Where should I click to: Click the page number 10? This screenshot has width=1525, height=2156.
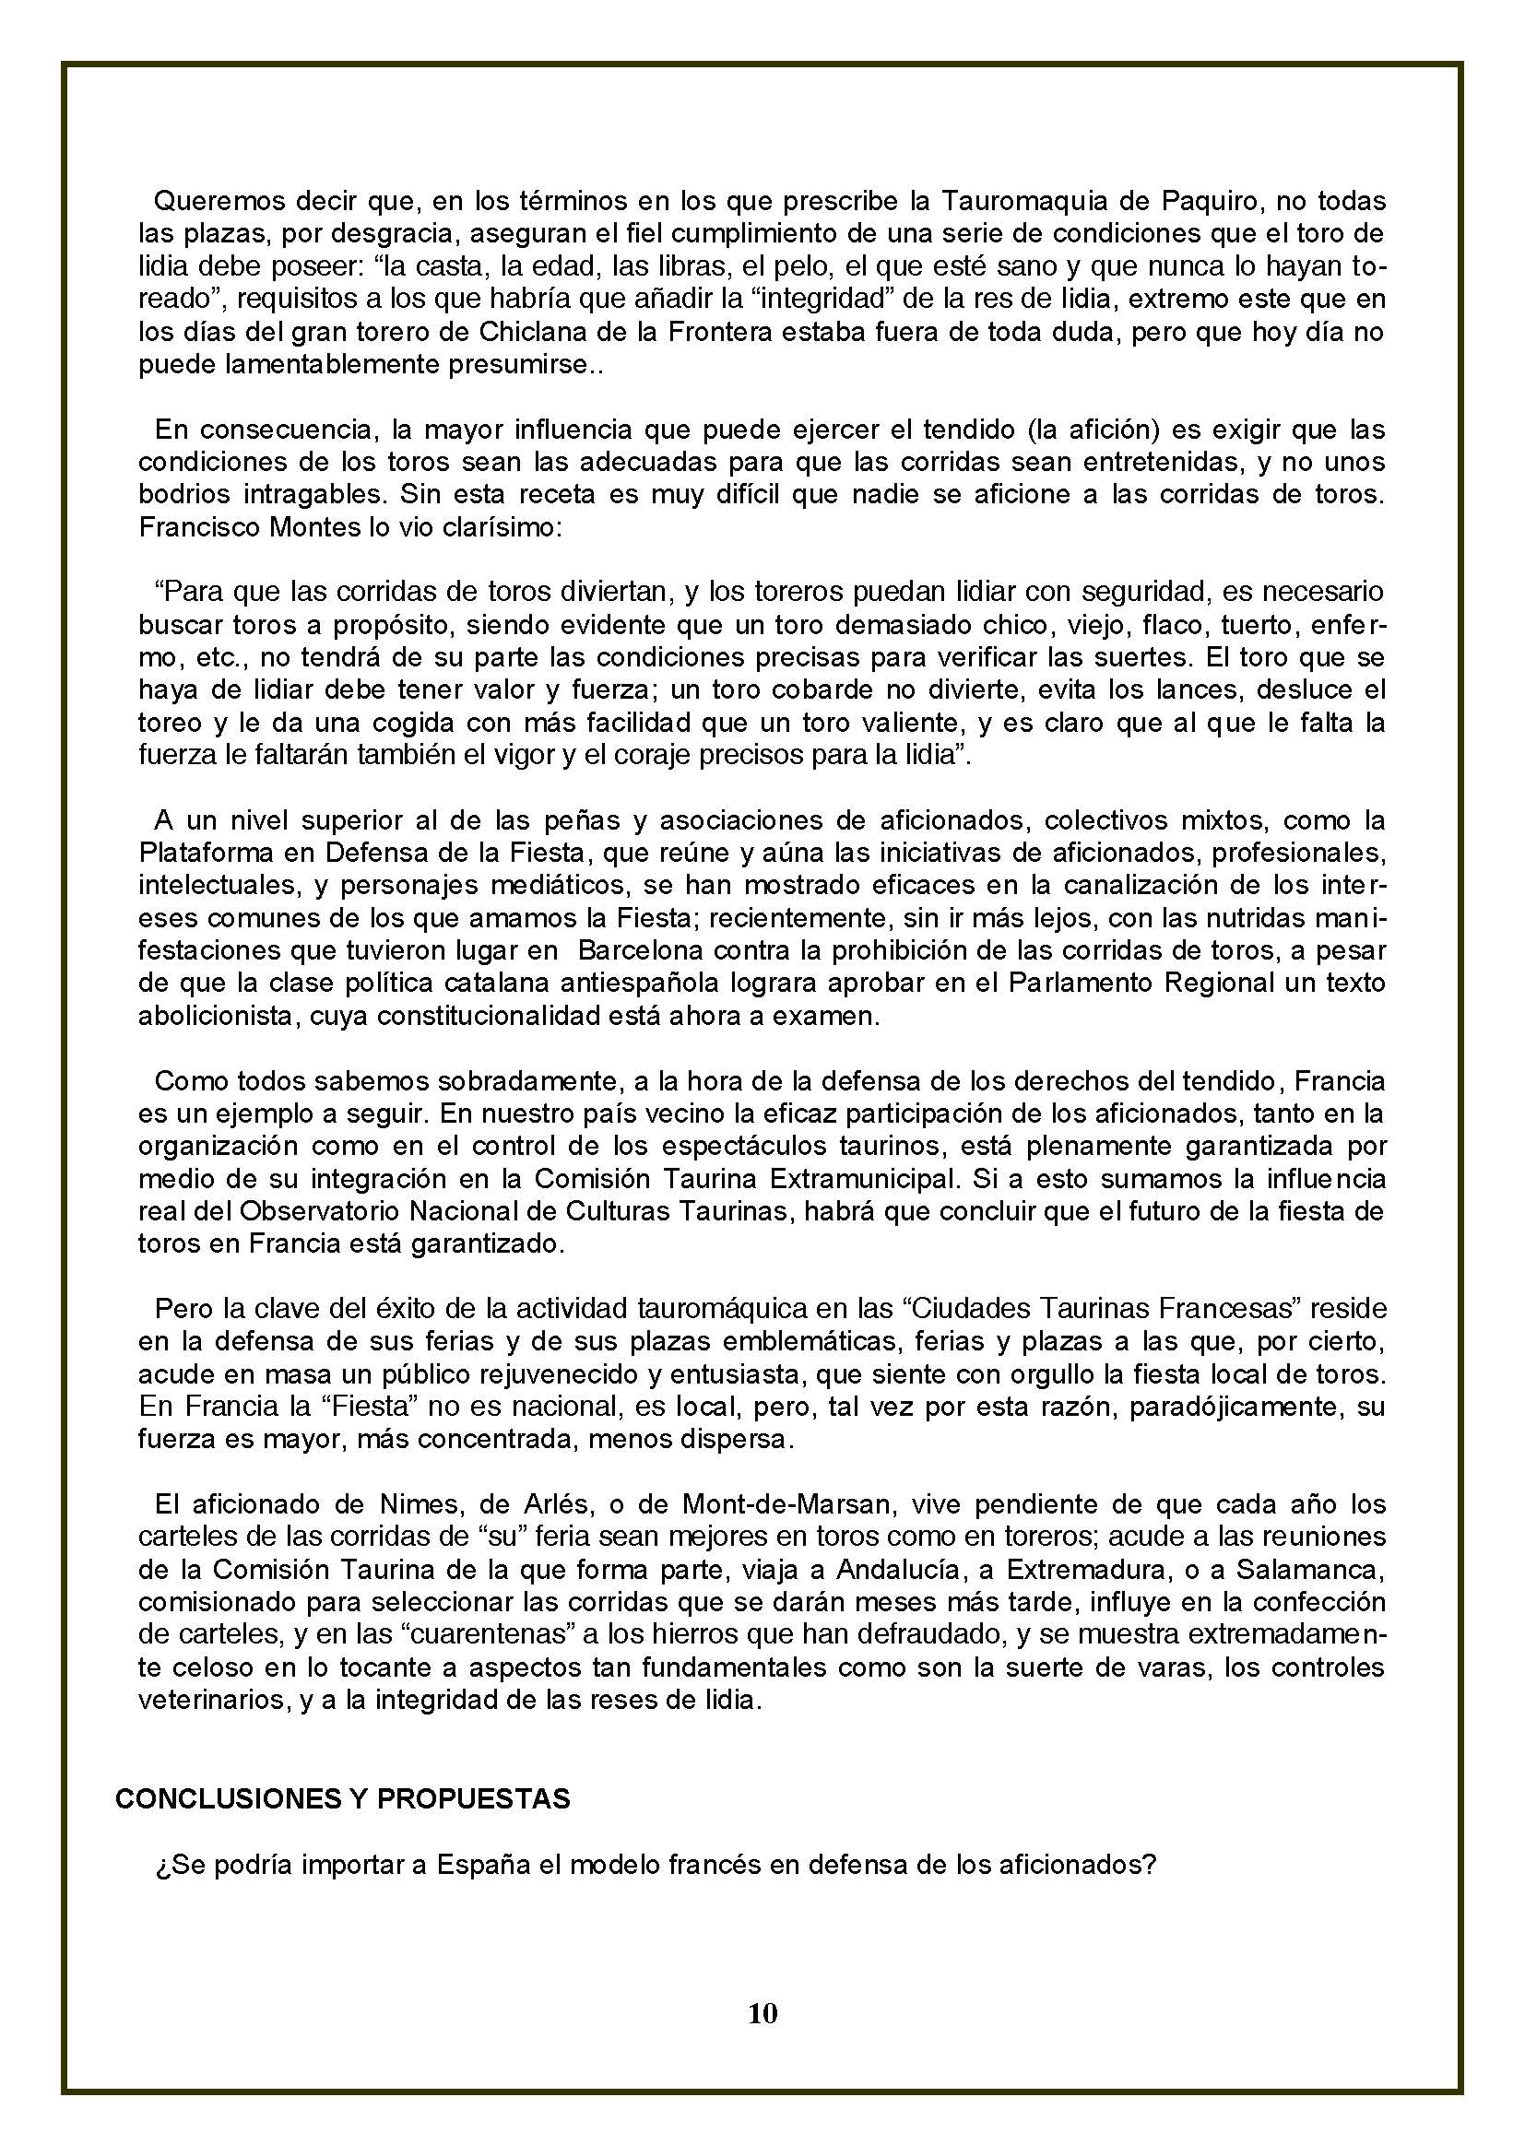763,2013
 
